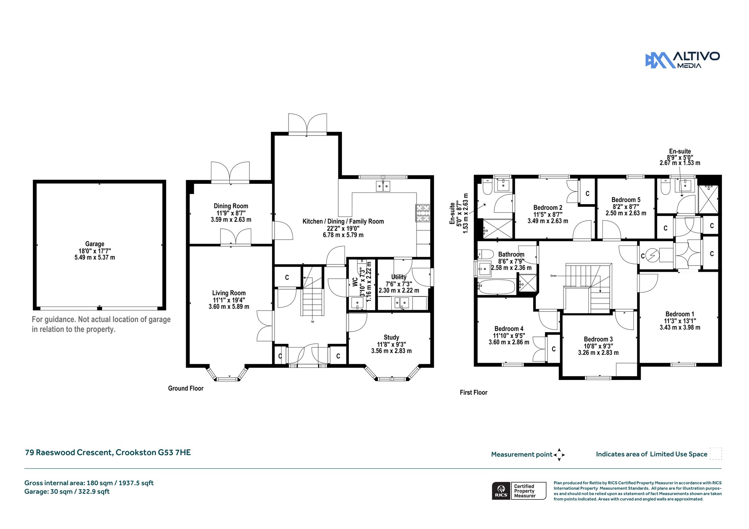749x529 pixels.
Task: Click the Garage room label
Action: [95, 244]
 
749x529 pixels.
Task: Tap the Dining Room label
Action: [231, 206]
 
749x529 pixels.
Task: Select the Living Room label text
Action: [229, 293]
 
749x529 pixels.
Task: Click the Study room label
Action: [391, 337]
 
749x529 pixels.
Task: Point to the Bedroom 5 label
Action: [626, 200]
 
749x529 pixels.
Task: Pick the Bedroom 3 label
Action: [598, 339]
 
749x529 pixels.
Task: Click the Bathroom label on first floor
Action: [511, 255]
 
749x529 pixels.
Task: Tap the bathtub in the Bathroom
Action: [496, 287]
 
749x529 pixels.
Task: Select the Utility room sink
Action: [402, 303]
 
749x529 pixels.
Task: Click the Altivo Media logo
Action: [682, 60]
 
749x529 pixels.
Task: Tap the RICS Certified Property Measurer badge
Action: [519, 491]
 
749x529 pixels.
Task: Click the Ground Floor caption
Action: [186, 388]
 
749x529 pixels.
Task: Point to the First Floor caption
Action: [474, 392]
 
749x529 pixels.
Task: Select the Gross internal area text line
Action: [89, 483]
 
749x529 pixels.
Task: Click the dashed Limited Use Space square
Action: [716, 454]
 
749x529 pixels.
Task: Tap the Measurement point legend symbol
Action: [559, 455]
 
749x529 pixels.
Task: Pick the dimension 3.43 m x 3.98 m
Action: [680, 328]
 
